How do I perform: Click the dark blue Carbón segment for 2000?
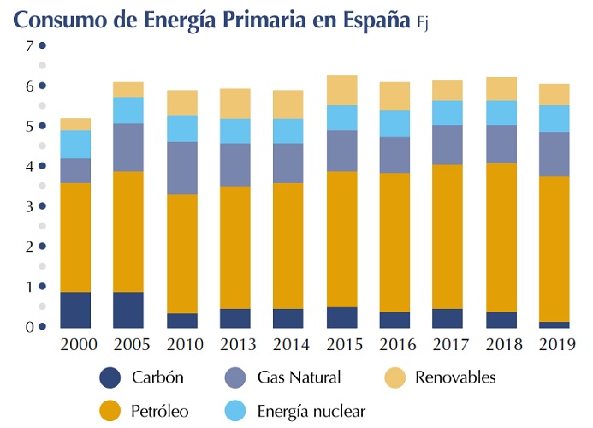(75, 310)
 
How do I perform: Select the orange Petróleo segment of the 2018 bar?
(498, 237)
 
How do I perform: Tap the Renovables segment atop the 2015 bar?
(341, 90)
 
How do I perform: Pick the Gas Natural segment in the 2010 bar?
(181, 168)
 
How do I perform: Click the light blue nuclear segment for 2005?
(128, 110)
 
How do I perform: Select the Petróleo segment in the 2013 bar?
(234, 247)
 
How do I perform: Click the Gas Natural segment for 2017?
(446, 145)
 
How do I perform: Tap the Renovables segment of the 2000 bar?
(75, 124)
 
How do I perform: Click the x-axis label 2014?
(288, 344)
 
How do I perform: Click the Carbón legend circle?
(110, 377)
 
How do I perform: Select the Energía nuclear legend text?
(311, 411)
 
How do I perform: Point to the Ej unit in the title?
(421, 24)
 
